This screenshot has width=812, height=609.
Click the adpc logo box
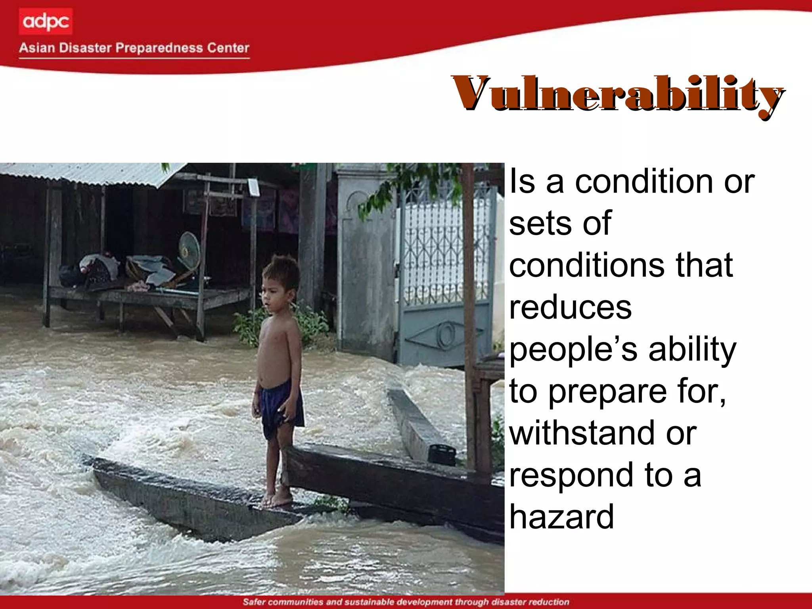click(45, 21)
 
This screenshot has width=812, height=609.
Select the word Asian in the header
click(37, 48)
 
